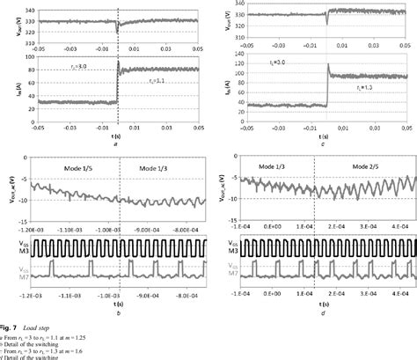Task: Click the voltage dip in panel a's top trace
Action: (117, 32)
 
